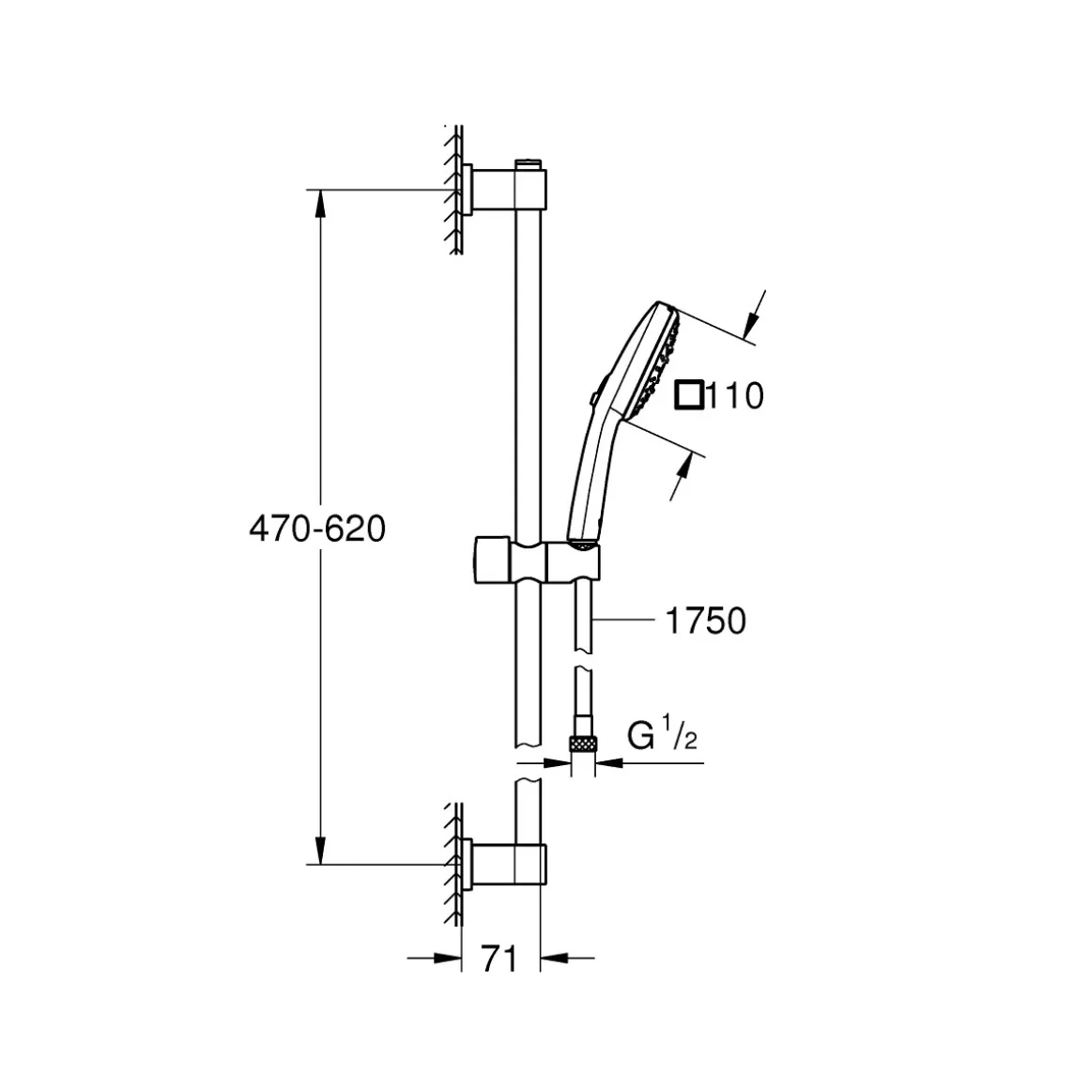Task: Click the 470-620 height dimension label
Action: (x=317, y=529)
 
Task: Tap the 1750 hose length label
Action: (x=705, y=621)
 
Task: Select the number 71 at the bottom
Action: (x=499, y=959)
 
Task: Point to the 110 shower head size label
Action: (x=734, y=396)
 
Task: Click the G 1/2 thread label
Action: (x=661, y=736)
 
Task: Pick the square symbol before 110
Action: (x=688, y=395)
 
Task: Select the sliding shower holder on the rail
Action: (x=536, y=560)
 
